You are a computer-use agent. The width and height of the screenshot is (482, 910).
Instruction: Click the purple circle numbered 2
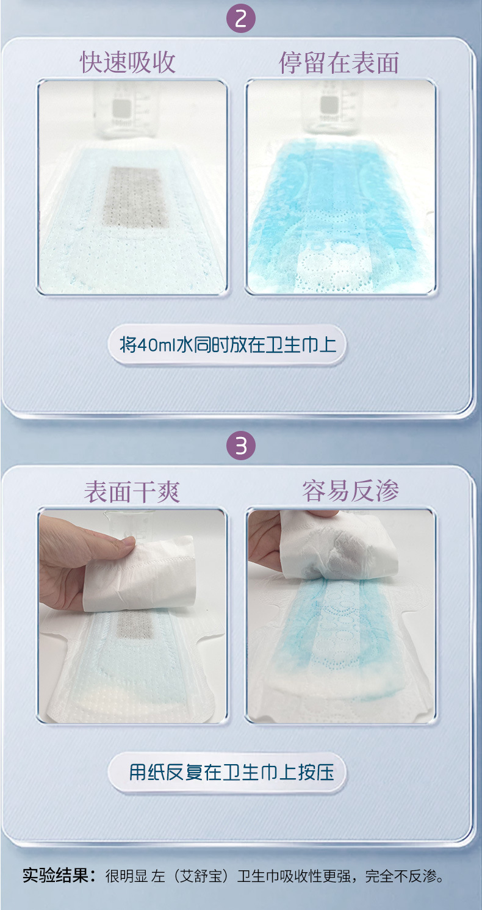[x=241, y=19]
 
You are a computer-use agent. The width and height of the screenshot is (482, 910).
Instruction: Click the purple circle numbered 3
[x=241, y=446]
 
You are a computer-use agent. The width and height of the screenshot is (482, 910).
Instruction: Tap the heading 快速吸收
[x=128, y=63]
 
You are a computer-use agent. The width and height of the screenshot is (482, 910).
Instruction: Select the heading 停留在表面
[x=339, y=63]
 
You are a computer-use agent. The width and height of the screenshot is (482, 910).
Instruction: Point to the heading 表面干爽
[x=132, y=492]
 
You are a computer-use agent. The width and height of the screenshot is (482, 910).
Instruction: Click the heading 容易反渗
[x=350, y=491]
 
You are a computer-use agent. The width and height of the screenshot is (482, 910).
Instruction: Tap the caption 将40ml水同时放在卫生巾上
[x=228, y=345]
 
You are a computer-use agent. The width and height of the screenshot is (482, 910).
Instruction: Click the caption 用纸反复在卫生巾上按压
[x=231, y=772]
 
